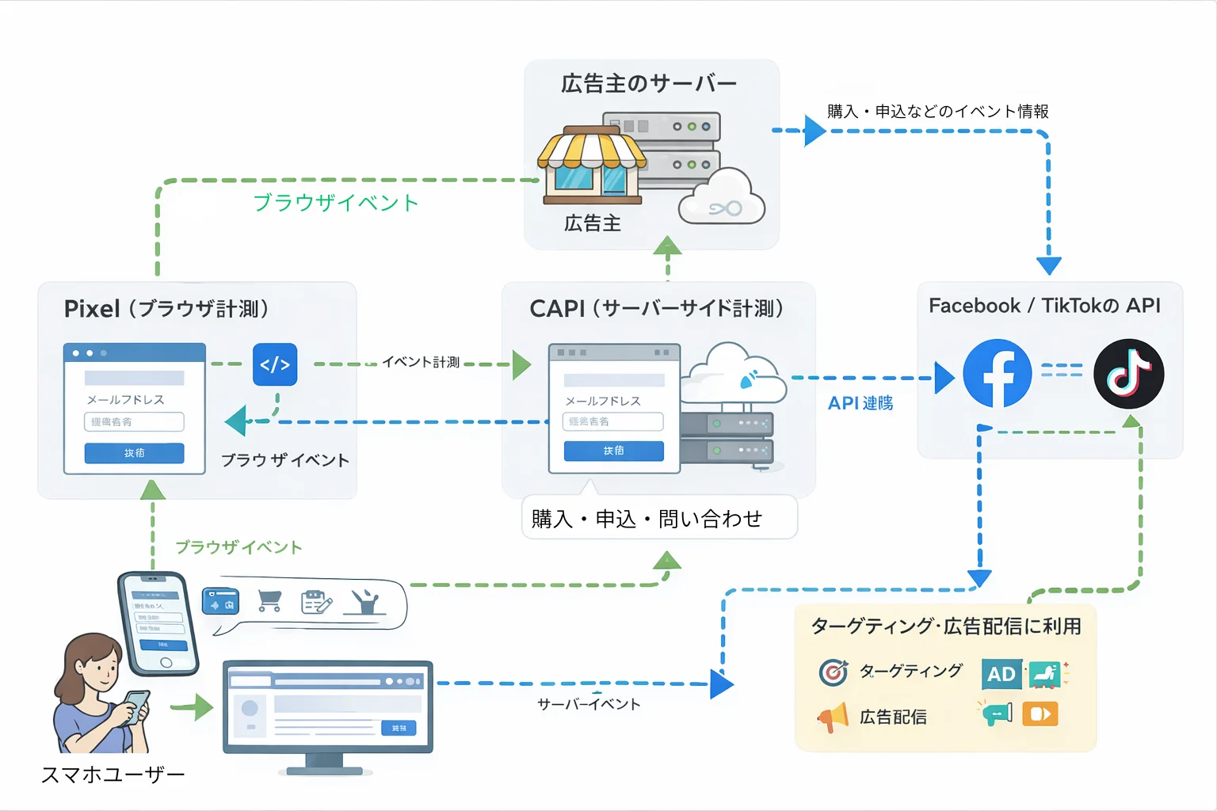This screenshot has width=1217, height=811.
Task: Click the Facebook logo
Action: pos(997,373)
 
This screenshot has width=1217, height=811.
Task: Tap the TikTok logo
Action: pos(1128,373)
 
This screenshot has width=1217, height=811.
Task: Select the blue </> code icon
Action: pos(275,364)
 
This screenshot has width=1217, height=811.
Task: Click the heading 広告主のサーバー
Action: pos(649,83)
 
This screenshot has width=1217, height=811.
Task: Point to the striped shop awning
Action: pos(591,150)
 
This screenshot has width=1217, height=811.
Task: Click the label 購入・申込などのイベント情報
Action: pos(937,112)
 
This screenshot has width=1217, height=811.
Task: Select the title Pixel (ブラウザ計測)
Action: pos(166,309)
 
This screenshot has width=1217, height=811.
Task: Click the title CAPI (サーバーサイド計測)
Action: pos(657,309)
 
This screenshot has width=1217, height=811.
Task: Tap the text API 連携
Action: pos(860,403)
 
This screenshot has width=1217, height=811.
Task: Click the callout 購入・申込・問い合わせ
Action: pos(647,519)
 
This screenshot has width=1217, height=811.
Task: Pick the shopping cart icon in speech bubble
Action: pos(269,602)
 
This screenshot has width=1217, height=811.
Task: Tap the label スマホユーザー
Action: pos(113,775)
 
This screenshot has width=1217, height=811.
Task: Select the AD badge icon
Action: pos(1001,674)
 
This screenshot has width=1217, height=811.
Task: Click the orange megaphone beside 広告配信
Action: pos(833,718)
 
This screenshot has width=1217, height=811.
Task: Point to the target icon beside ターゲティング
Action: pos(833,672)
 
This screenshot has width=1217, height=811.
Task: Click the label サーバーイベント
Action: pos(589,704)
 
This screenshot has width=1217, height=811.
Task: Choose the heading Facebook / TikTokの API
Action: pos(1044,306)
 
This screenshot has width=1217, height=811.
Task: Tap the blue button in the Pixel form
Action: pos(134,453)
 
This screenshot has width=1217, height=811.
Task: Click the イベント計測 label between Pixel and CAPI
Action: pos(421,362)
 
